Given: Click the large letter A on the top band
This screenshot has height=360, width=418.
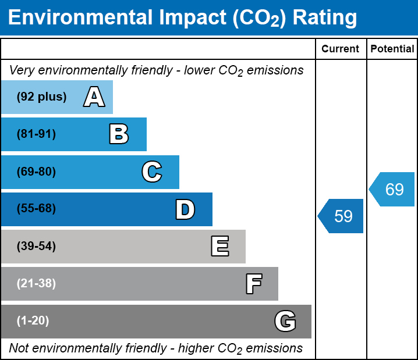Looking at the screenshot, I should tap(94, 97).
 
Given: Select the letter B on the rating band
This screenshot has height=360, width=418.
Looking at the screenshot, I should tap(119, 134).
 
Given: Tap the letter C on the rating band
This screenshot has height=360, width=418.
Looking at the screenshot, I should tap(152, 172).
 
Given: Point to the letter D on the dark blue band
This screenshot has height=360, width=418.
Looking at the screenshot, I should tap(185, 209).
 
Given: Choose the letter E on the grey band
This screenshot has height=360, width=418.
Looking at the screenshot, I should tap(219, 247).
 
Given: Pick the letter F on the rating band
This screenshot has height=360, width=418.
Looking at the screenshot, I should tap(253, 284).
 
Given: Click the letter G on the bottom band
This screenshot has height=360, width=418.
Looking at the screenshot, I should tap(285, 321).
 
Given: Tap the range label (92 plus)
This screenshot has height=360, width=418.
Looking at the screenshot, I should tap(41, 97).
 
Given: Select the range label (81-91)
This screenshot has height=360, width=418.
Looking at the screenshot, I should tap(36, 134).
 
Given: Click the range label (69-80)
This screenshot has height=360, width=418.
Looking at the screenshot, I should tap(36, 172).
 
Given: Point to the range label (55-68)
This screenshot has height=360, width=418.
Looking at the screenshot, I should tap(36, 209).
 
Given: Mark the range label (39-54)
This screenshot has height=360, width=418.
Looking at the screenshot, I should tap(36, 247).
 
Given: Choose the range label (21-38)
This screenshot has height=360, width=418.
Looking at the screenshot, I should tap(36, 284).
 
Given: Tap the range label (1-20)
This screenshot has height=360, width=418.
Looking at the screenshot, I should tap(33, 321).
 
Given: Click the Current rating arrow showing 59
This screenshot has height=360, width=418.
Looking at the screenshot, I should tap(342, 216).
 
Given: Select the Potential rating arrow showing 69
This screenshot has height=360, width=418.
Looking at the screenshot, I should tap(393, 190).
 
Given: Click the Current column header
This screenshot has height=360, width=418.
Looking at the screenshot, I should tap(341, 49).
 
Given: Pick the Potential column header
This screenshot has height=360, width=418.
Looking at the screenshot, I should tap(392, 49).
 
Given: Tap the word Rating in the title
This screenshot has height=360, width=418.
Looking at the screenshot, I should tap(324, 18).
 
